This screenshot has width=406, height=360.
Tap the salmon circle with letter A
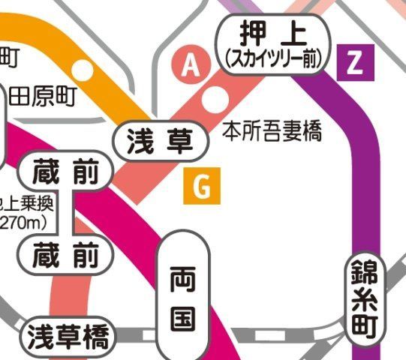(x=192, y=67)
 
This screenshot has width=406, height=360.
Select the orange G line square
(x=202, y=187)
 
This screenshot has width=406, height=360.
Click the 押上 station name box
(x=274, y=34)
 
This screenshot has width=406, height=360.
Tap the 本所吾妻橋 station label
(x=272, y=133)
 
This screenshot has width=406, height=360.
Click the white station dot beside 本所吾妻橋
(x=217, y=96)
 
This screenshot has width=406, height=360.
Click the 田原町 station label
(x=43, y=97)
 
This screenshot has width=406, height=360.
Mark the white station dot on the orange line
(x=83, y=70)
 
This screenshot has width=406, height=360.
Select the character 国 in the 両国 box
(x=182, y=318)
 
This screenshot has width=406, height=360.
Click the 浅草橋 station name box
(x=68, y=337)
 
